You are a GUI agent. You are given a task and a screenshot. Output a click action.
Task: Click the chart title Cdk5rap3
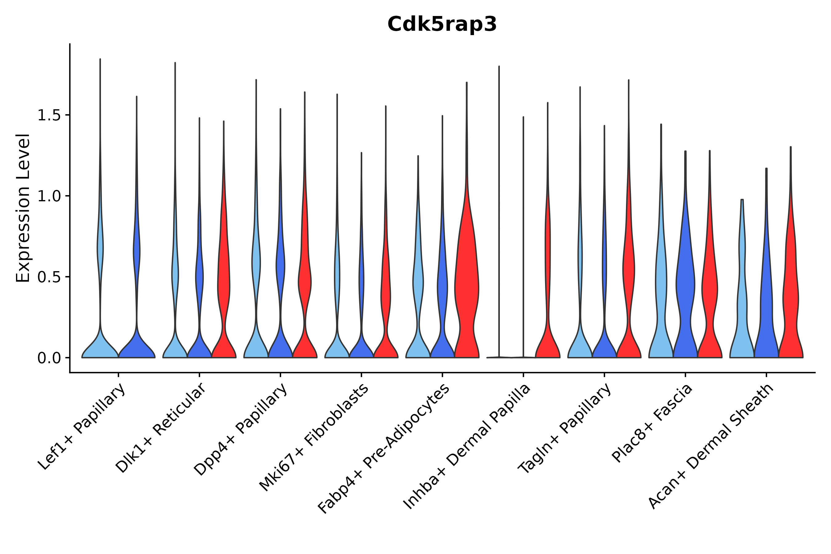442,24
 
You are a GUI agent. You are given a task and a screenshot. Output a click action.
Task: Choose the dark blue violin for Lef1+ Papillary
137,346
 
